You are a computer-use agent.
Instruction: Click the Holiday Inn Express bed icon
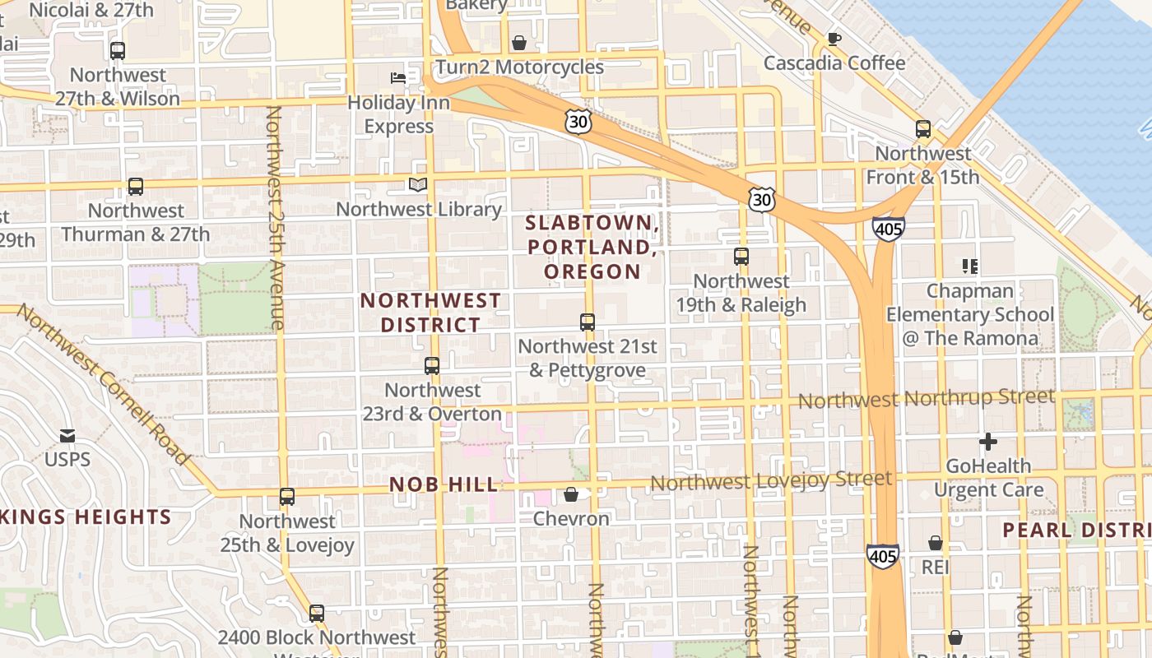(x=398, y=78)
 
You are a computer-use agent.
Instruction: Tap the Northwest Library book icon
(x=418, y=185)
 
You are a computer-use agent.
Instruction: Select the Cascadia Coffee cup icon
(x=834, y=39)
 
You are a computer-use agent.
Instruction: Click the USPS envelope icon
(x=67, y=435)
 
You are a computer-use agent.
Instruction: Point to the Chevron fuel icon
(x=570, y=494)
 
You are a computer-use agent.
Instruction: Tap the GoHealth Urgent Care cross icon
(x=988, y=442)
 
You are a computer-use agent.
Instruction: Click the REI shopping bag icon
(x=936, y=543)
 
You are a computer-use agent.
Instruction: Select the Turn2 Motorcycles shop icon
(x=519, y=43)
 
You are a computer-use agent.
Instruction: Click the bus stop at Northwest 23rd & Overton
(x=432, y=366)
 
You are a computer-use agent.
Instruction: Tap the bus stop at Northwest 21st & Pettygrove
(x=588, y=322)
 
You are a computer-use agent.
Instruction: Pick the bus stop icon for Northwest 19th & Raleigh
(x=741, y=257)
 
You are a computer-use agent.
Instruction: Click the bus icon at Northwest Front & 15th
(x=923, y=129)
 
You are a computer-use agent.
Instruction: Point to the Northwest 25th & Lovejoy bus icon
(x=287, y=497)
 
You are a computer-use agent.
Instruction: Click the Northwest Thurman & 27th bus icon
(x=136, y=187)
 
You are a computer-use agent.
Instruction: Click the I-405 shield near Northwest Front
(x=889, y=229)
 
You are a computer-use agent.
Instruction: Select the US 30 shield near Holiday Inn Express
(x=578, y=122)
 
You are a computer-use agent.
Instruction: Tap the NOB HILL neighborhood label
(x=444, y=484)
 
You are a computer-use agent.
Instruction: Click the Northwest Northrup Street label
(x=926, y=399)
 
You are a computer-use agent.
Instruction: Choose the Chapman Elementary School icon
(x=970, y=266)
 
